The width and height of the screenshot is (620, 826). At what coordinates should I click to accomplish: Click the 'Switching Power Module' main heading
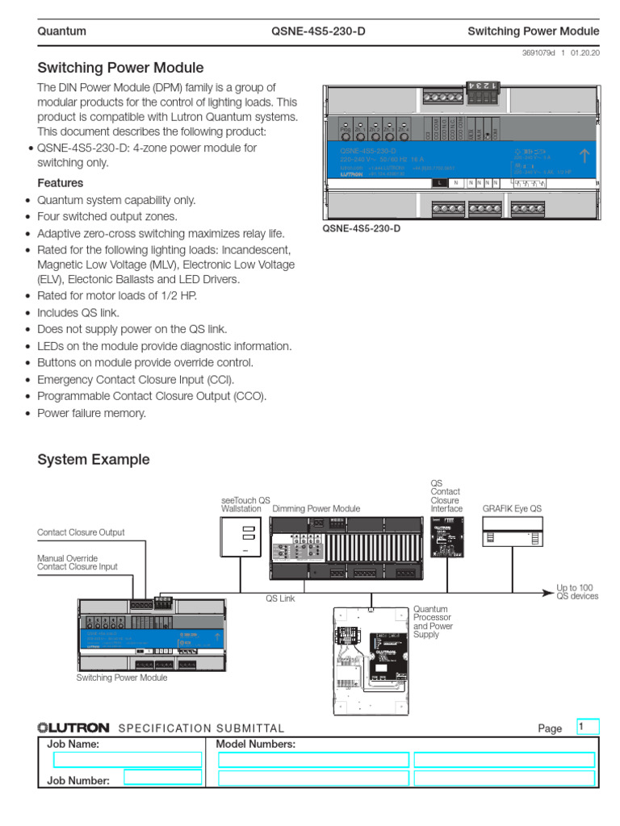[x=120, y=69]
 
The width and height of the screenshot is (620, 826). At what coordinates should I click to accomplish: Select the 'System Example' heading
[x=94, y=460]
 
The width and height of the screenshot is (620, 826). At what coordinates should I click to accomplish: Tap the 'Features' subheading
[x=61, y=183]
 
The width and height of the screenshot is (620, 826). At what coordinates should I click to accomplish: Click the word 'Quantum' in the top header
[x=62, y=31]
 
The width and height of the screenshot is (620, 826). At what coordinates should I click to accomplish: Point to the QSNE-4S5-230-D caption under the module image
[x=361, y=229]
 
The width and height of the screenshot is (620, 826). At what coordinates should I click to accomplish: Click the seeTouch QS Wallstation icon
[x=240, y=536]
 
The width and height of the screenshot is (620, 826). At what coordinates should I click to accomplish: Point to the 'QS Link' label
[x=281, y=599]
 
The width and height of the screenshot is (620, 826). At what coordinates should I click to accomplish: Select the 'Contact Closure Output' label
[x=82, y=532]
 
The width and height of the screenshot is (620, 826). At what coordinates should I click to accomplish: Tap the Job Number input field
[x=163, y=777]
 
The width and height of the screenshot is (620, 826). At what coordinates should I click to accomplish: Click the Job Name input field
[x=127, y=759]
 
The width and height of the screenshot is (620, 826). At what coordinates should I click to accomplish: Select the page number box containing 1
[x=588, y=727]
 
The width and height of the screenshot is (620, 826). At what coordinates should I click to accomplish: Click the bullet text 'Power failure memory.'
[x=91, y=413]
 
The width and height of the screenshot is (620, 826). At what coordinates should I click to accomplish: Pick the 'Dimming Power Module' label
[x=316, y=509]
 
